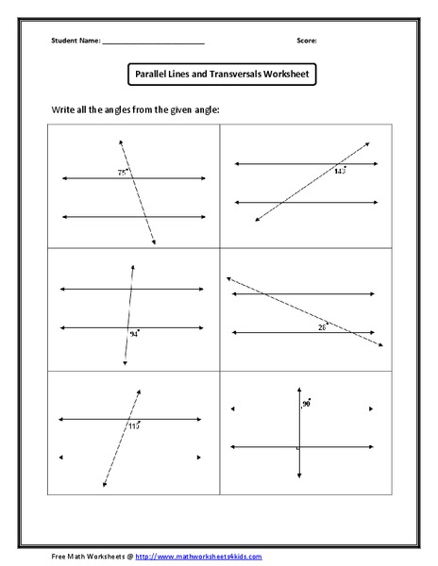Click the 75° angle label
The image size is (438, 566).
coord(122,173)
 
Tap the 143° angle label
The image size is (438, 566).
coord(339,171)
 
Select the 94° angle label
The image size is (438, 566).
coord(134,335)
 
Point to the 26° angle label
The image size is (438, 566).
coord(322,326)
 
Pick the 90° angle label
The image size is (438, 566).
coord(306,404)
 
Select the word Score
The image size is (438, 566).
coord(306,41)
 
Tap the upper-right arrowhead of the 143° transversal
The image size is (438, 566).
coord(367,142)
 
